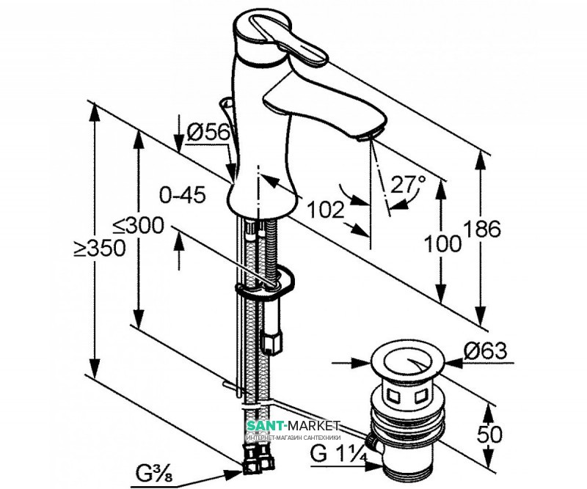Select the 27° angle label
pyautogui.click(x=409, y=184)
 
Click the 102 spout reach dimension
pyautogui.click(x=326, y=210)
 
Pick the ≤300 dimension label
pyautogui.click(x=143, y=226)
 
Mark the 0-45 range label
pyautogui.click(x=183, y=195)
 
